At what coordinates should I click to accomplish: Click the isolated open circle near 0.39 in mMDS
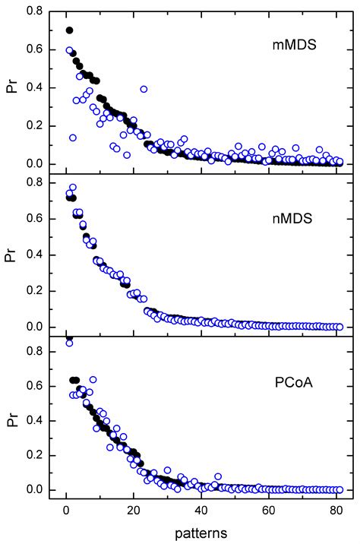tap(143, 89)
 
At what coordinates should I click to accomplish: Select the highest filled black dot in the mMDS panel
tap(70, 30)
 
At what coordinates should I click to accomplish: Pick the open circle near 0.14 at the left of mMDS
tap(73, 138)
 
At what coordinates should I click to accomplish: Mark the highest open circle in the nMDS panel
tap(73, 187)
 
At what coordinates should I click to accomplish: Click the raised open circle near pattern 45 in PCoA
tap(219, 476)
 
